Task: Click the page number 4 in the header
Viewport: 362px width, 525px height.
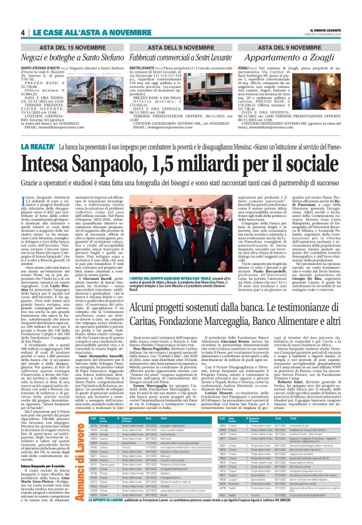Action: pyautogui.click(x=22, y=32)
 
